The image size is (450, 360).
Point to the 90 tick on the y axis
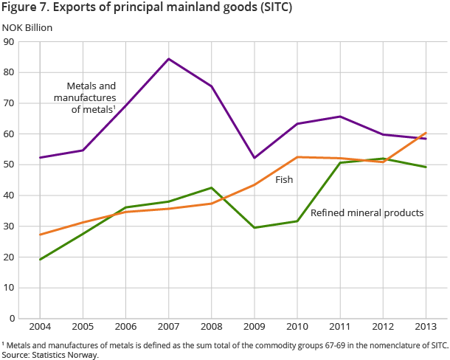(x=10, y=41)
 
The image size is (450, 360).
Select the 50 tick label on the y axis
(x=10, y=165)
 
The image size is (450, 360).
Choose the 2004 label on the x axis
(x=40, y=326)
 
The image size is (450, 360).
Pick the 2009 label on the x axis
(x=255, y=326)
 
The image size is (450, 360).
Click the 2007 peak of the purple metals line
(x=169, y=59)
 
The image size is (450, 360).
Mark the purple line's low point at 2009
(x=255, y=158)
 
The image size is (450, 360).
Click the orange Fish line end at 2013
(x=426, y=134)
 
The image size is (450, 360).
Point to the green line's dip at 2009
(x=255, y=227)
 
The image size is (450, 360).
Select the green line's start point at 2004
(x=40, y=259)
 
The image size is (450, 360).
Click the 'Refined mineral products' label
(x=367, y=212)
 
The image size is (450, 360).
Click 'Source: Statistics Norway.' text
(x=49, y=355)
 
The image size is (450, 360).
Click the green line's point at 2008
(x=212, y=188)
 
